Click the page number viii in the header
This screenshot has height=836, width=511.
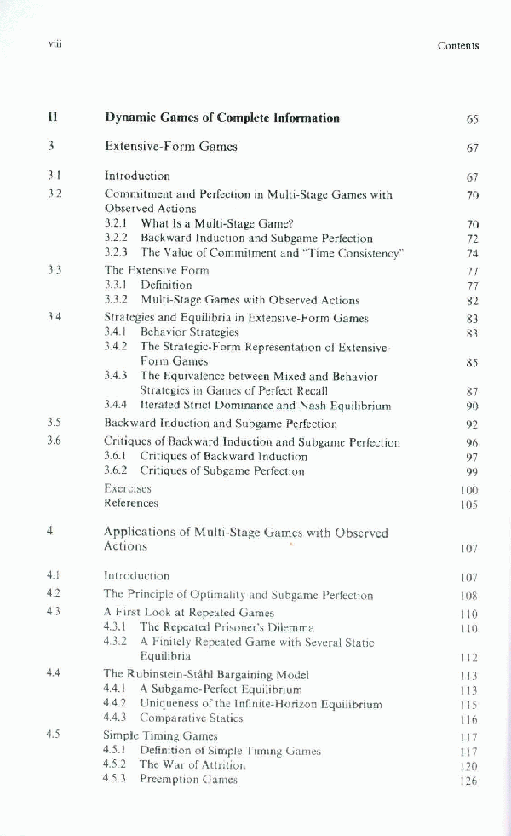(57, 44)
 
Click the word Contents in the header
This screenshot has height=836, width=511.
(458, 46)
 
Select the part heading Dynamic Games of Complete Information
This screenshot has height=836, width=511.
(221, 118)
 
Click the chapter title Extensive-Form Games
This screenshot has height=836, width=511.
(171, 147)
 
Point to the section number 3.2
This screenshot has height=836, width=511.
(55, 194)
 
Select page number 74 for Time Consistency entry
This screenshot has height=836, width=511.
(473, 254)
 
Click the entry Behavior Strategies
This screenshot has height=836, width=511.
(189, 332)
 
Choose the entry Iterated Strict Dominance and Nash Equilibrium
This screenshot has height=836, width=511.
(265, 406)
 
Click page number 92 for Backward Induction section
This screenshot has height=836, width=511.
(472, 424)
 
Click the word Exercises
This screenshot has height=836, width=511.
(128, 489)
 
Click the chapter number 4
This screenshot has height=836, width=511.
(51, 532)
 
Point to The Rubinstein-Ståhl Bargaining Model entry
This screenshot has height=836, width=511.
(206, 674)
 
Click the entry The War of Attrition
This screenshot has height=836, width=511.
(192, 765)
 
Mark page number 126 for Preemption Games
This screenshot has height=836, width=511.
(468, 781)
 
